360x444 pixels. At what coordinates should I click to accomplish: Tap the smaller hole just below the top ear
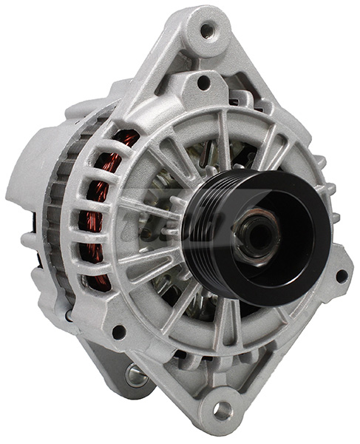[x=201, y=82]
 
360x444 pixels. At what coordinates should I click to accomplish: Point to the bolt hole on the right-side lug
[x=341, y=275]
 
